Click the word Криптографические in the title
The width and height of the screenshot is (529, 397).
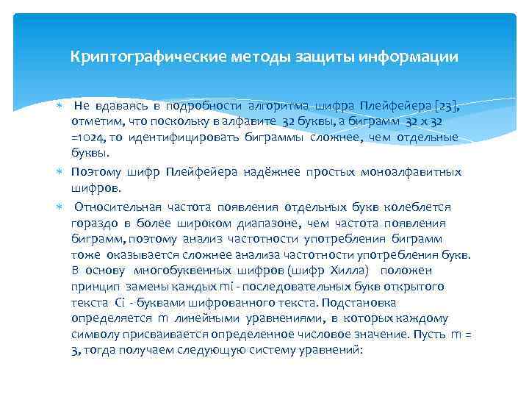134,57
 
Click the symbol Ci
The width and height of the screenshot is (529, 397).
122,302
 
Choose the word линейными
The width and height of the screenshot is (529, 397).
209,318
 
